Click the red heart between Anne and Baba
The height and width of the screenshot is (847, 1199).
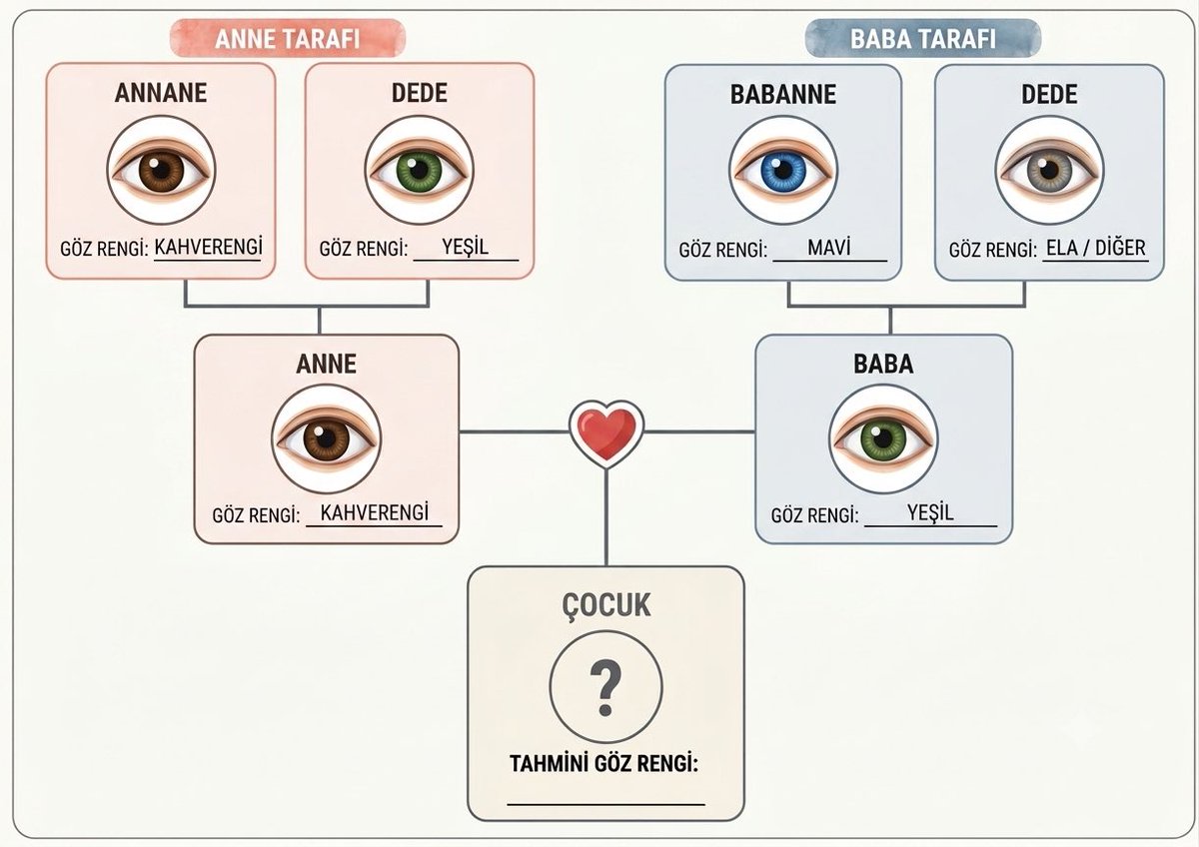pos(605,433)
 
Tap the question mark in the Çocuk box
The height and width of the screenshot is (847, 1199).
pos(605,687)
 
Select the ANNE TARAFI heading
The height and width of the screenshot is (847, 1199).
pos(288,39)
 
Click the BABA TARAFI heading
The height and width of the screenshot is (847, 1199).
pos(923,39)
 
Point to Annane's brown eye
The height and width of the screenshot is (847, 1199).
pos(161,170)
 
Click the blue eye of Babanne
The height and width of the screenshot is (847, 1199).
pos(783,170)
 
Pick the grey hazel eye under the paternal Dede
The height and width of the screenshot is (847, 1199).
pos(1049,170)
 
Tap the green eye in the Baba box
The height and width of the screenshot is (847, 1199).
pos(883,439)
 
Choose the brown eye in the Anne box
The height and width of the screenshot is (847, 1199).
pos(326,439)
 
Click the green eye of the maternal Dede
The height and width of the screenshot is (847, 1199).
pos(419,170)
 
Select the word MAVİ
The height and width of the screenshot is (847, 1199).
pos(828,248)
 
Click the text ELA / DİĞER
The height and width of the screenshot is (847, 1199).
pos(1096,249)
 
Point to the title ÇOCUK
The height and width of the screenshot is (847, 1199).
pos(605,605)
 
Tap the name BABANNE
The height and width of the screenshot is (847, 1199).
pos(783,95)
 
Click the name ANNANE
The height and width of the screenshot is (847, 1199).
pos(161,93)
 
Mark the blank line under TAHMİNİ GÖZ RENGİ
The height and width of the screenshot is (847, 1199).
pos(605,804)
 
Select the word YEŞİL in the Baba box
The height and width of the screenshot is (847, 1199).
pos(930,513)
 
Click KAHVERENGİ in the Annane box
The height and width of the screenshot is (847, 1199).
pos(208,247)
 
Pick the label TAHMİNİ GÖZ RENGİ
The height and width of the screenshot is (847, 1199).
pos(603,764)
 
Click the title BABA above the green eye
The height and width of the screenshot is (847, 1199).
pos(883,364)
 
